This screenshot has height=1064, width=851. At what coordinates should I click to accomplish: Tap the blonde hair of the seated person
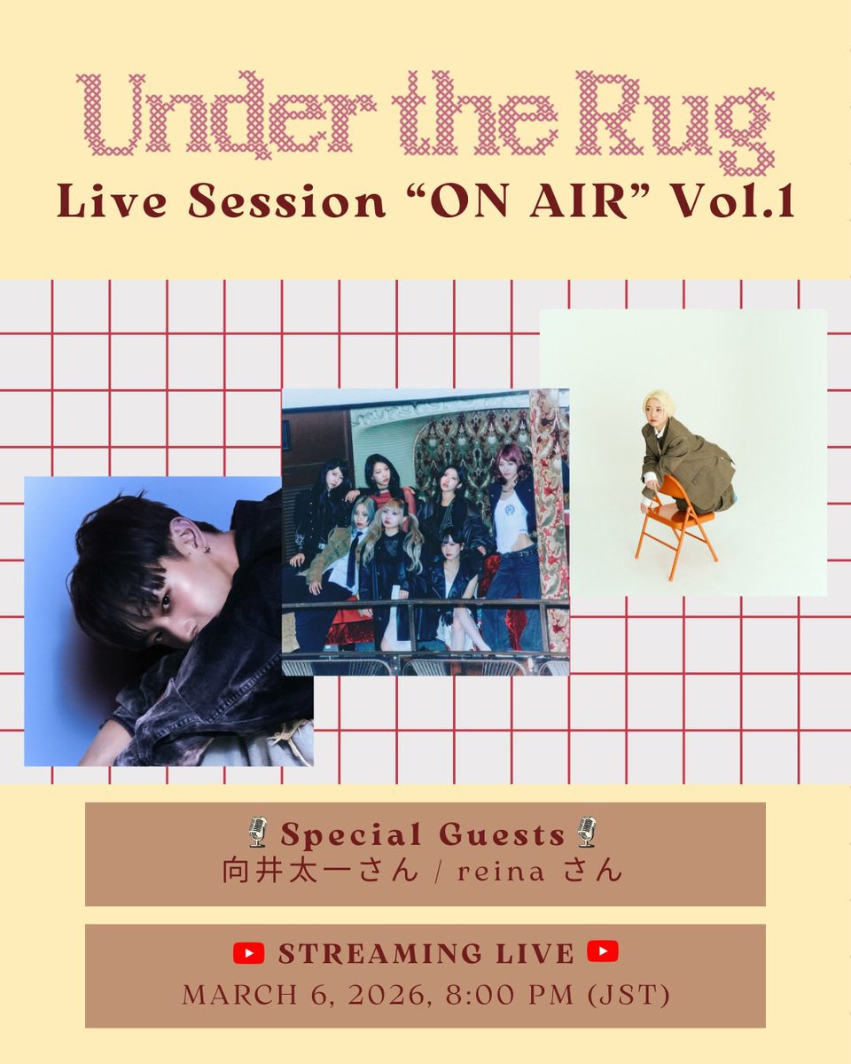tap(659, 403)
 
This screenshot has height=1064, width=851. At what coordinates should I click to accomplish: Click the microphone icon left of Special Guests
tap(257, 833)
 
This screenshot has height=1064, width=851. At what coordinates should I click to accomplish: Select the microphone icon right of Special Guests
tap(586, 833)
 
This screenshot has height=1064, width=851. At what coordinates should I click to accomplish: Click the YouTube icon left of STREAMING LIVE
tap(249, 953)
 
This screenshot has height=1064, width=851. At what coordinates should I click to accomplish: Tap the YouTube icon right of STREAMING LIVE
tap(603, 953)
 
